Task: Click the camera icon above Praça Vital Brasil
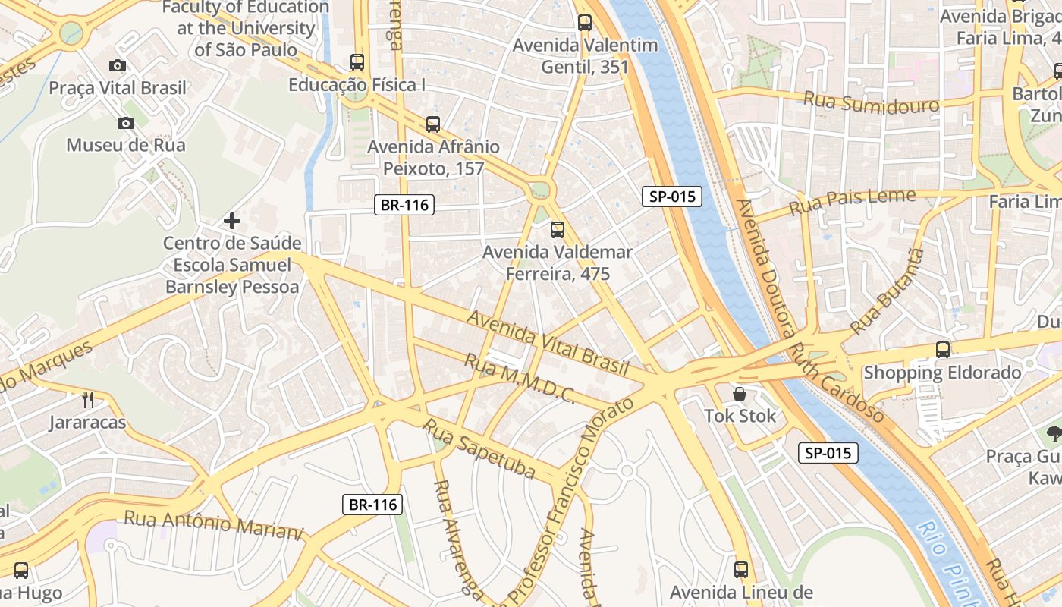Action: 118,66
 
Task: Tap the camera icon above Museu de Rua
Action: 126,123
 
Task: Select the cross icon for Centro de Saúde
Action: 232,221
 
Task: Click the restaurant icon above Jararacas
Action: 88,399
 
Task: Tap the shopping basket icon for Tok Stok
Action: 740,394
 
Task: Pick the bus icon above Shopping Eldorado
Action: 943,350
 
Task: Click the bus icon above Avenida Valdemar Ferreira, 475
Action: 558,229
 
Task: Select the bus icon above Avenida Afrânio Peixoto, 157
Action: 433,124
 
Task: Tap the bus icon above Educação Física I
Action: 357,62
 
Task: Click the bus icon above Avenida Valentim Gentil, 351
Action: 584,23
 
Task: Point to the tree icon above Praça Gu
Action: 1054,434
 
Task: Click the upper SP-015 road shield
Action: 672,197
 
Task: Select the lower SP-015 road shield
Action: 828,454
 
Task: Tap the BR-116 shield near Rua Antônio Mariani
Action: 372,505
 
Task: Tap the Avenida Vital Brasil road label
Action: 548,343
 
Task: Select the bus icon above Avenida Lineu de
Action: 741,569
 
